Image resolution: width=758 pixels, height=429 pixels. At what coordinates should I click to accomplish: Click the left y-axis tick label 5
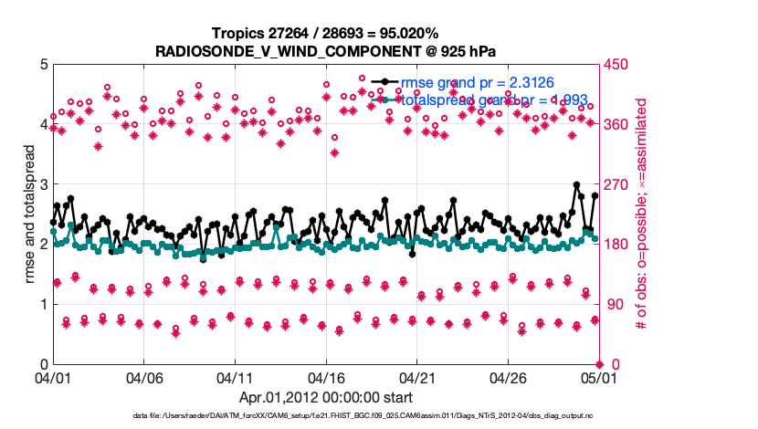[x=43, y=65]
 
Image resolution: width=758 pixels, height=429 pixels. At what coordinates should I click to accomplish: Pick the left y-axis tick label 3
[x=43, y=184]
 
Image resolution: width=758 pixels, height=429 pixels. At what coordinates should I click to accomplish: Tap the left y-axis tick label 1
[x=43, y=304]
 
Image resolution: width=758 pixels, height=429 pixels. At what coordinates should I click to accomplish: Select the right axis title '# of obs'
[x=651, y=214]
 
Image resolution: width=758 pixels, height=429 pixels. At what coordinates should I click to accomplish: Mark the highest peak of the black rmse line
[x=576, y=184]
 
